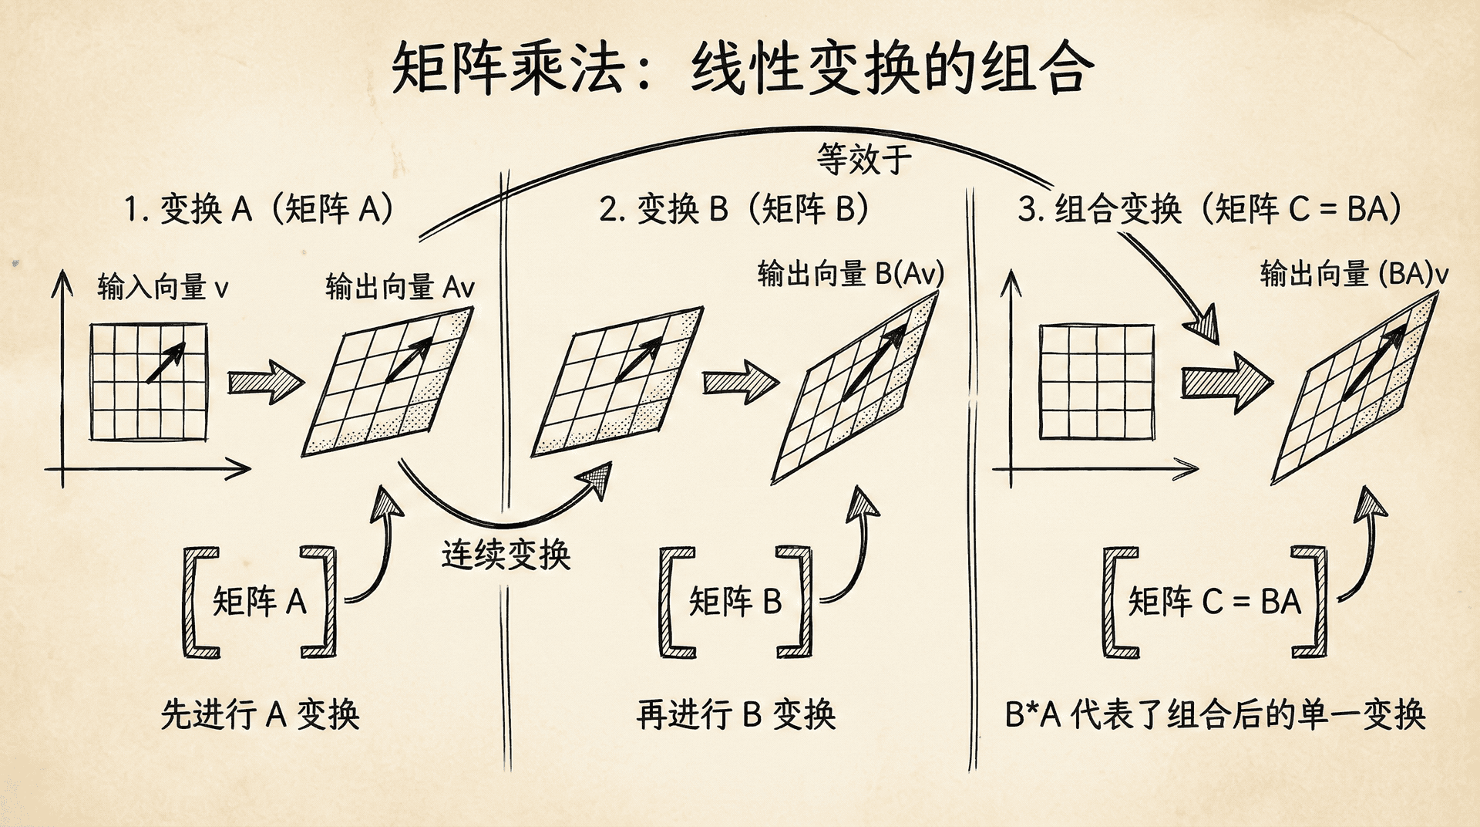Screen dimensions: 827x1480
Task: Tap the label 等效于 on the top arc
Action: tap(863, 160)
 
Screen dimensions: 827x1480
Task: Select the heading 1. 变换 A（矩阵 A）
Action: tap(259, 209)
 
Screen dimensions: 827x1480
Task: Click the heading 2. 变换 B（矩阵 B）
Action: tap(734, 209)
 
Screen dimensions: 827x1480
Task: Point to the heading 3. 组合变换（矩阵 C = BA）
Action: tap(1209, 209)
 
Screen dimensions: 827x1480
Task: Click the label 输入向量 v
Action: tap(163, 288)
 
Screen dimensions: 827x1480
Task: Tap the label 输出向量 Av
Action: tap(399, 288)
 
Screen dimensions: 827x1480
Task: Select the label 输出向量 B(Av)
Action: tap(850, 274)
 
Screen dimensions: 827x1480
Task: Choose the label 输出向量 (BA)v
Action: tap(1354, 274)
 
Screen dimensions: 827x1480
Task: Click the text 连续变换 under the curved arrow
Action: tap(506, 555)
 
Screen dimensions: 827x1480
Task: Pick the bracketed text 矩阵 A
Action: tap(260, 602)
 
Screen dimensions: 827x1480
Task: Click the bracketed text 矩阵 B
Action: tap(735, 602)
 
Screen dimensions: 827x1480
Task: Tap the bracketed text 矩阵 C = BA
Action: tap(1214, 602)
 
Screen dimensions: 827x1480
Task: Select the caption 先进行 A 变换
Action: tap(260, 714)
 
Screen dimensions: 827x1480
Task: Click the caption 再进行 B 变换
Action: tap(735, 714)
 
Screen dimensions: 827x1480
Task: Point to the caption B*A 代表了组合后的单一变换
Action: tap(1215, 714)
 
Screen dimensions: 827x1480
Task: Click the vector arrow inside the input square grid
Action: tap(166, 363)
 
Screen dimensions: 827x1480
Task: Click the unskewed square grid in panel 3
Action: tap(1096, 382)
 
